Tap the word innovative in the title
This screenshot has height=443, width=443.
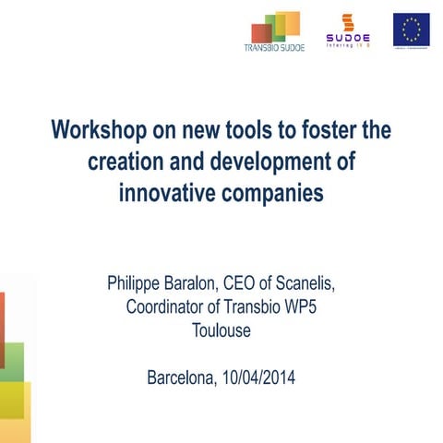pyautogui.click(x=172, y=194)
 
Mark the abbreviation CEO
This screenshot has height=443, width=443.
pyautogui.click(x=265, y=281)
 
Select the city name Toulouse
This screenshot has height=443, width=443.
pyautogui.click(x=221, y=329)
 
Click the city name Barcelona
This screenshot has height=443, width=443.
pyautogui.click(x=185, y=377)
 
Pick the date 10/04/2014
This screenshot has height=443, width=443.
pyautogui.click(x=259, y=377)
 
